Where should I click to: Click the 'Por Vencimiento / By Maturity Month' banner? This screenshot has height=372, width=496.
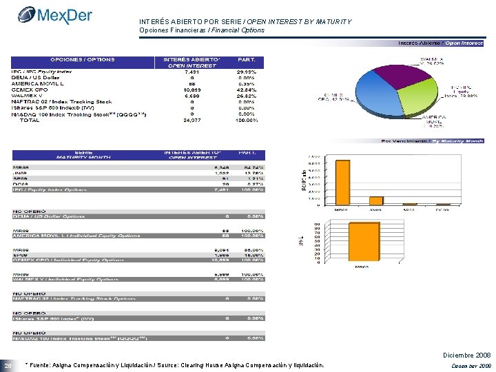(432, 141)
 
